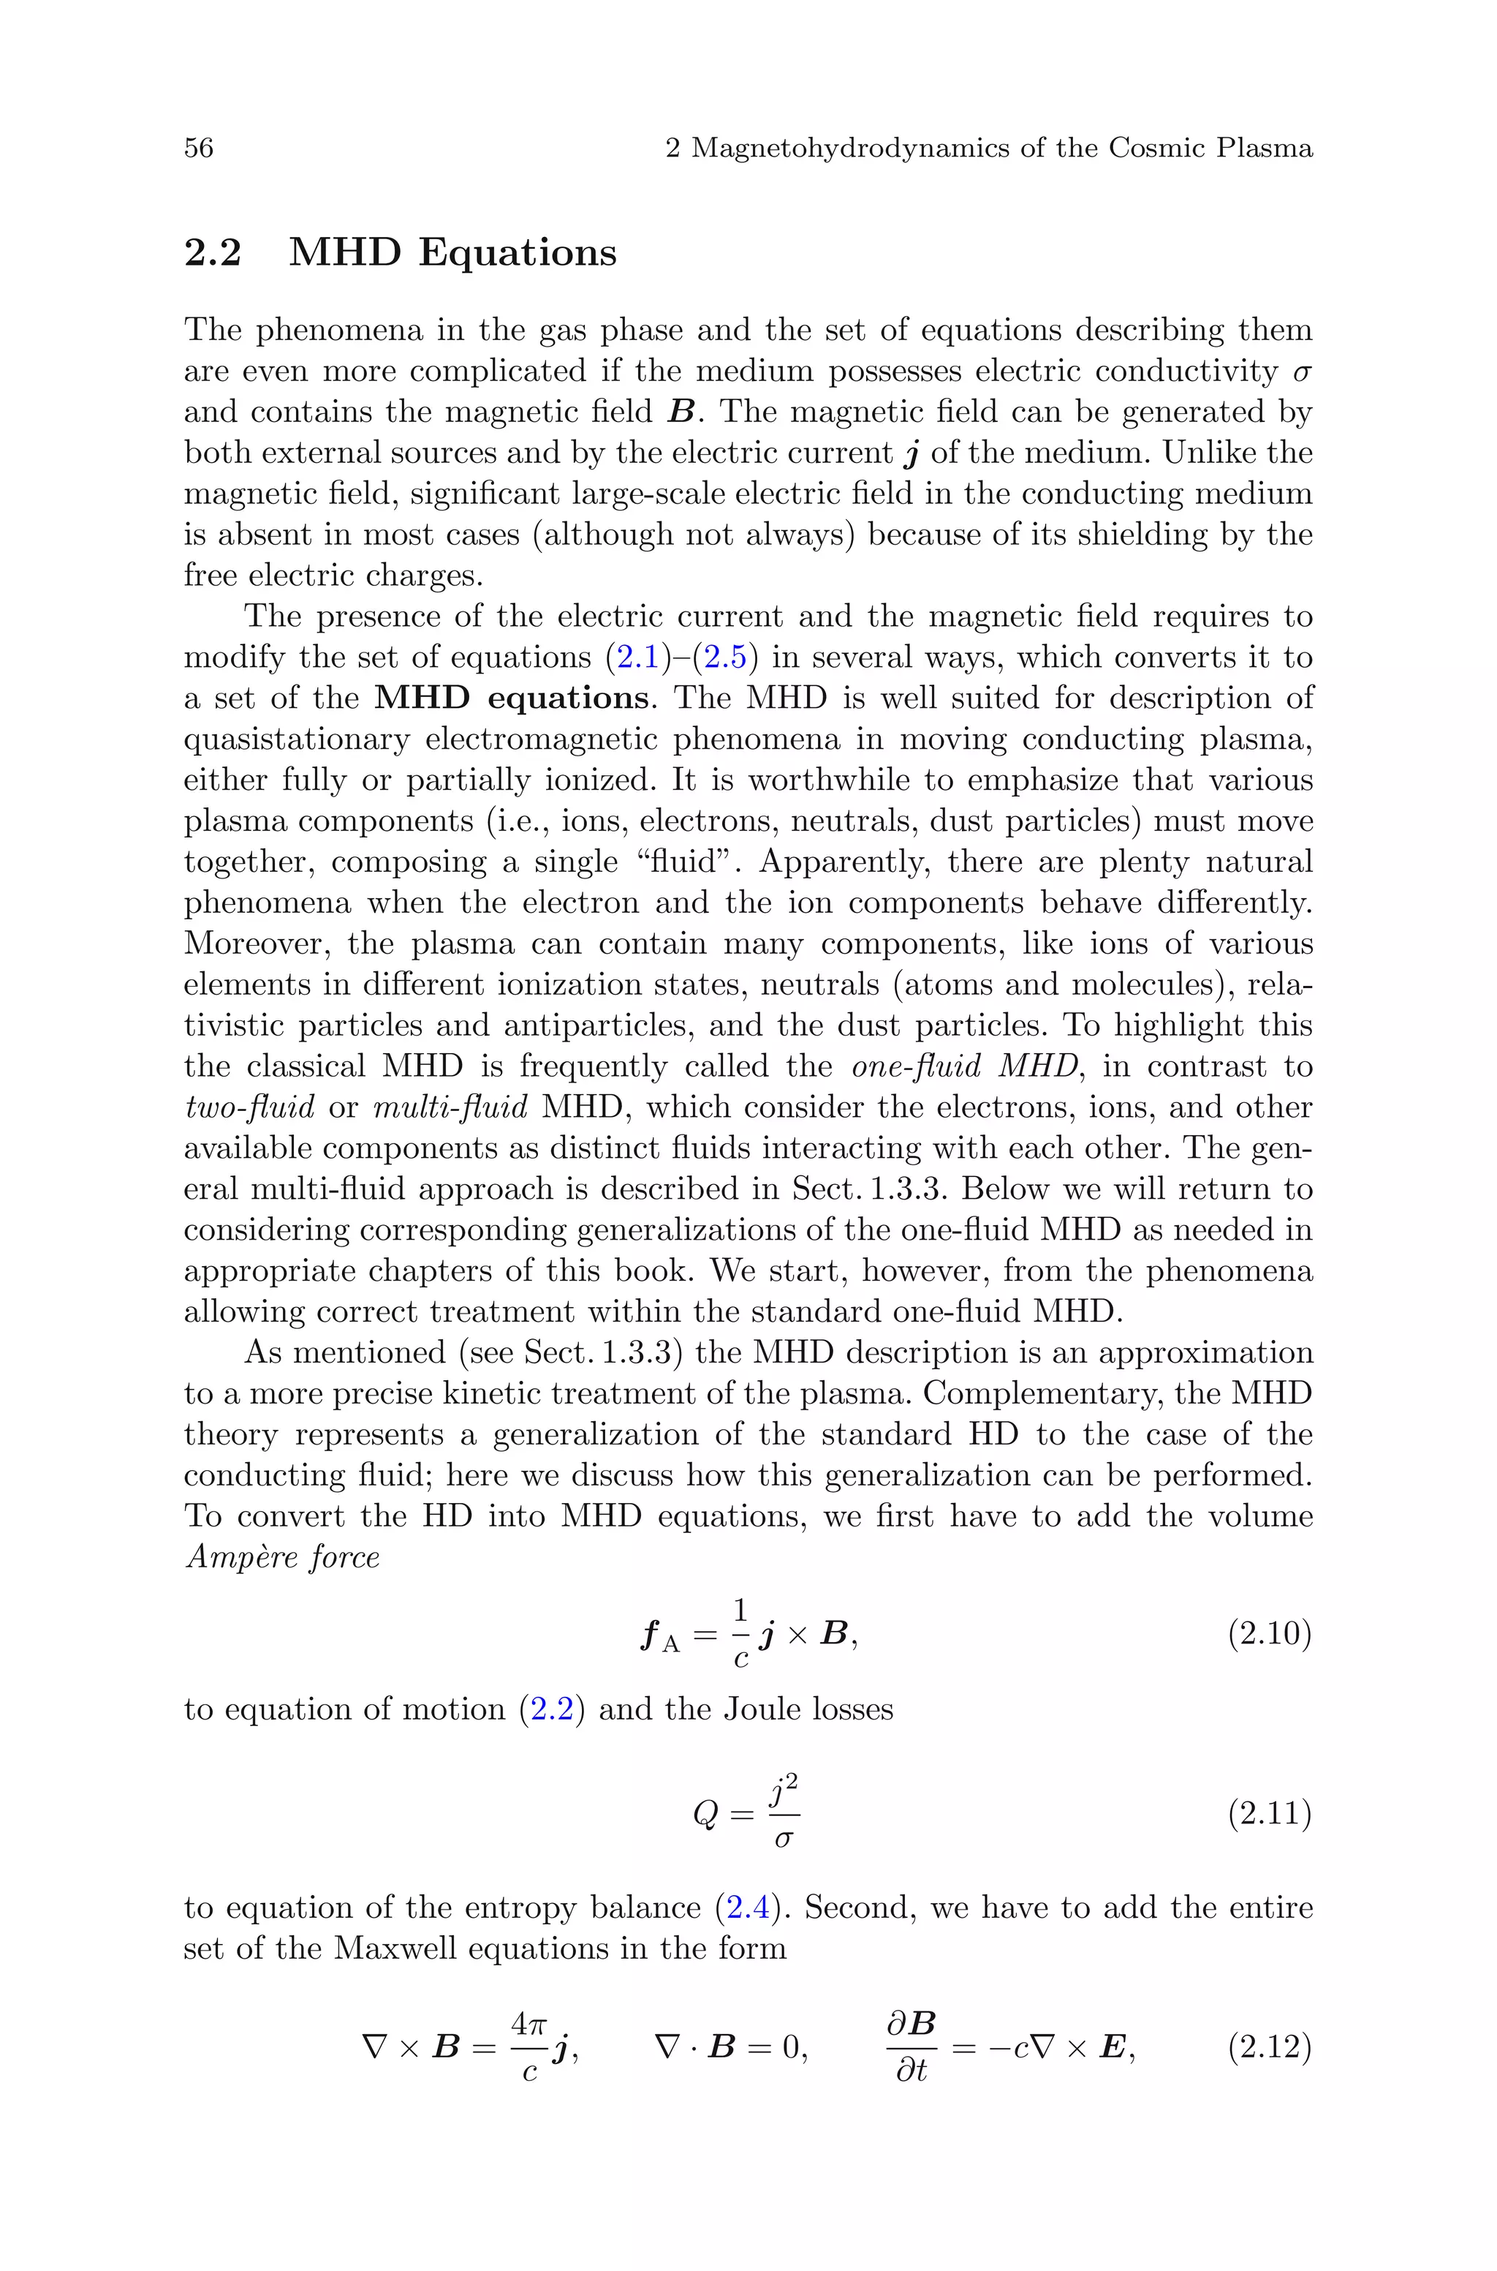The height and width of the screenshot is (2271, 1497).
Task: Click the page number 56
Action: click(199, 148)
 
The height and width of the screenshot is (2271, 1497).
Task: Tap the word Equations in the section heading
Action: click(518, 253)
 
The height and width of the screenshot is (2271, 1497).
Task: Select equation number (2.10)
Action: click(1269, 1634)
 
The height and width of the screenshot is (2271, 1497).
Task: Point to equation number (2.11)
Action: click(1269, 1812)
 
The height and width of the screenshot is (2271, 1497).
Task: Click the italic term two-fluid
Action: click(249, 1108)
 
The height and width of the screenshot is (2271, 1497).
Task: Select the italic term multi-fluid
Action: click(450, 1108)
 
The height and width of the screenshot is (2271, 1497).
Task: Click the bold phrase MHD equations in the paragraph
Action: click(512, 698)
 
